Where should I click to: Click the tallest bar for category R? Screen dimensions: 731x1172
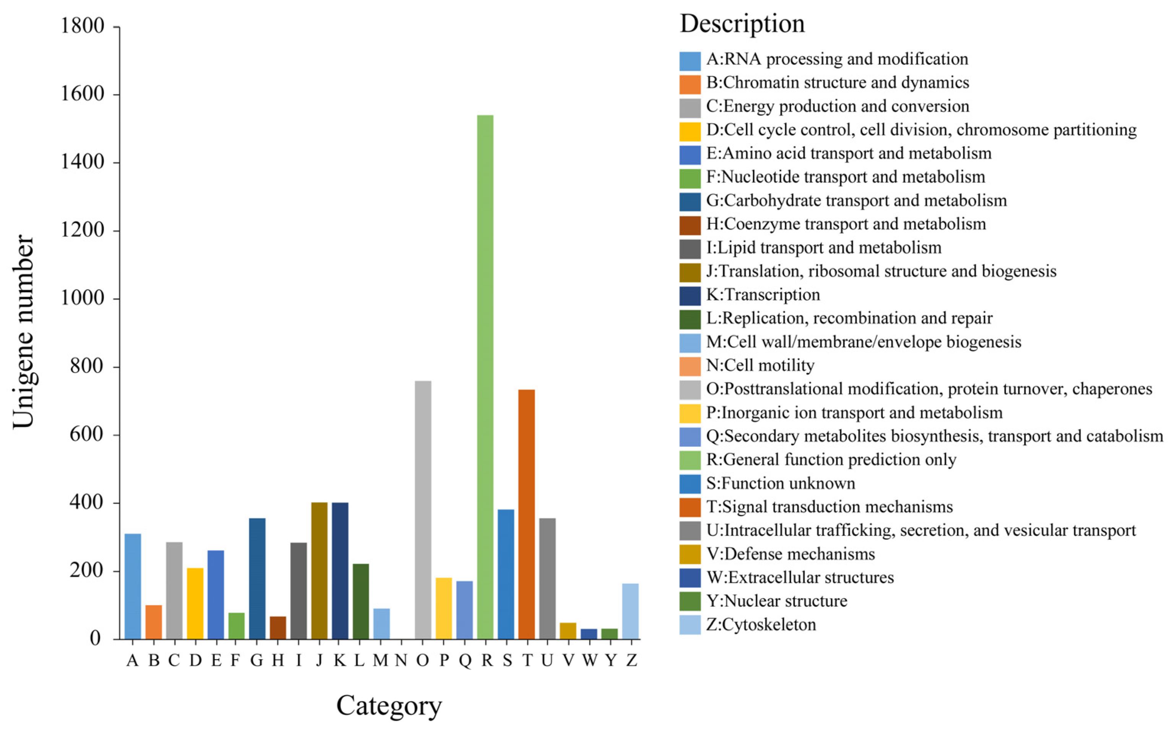click(x=485, y=377)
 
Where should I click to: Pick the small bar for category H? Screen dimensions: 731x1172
click(x=278, y=628)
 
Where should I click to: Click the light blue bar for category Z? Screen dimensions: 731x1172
click(x=630, y=611)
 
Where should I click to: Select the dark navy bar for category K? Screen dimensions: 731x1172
click(x=340, y=570)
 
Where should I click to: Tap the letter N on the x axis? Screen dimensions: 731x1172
click(x=401, y=660)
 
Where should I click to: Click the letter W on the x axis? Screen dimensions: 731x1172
click(x=589, y=660)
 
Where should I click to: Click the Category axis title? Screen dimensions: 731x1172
click(x=389, y=705)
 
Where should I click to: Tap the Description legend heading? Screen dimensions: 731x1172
click(x=742, y=23)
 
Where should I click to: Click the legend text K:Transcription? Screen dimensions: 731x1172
click(x=763, y=295)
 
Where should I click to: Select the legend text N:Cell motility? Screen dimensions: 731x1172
click(x=760, y=365)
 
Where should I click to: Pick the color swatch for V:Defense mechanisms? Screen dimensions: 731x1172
click(x=690, y=554)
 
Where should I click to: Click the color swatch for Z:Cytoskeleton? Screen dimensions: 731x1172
click(x=690, y=625)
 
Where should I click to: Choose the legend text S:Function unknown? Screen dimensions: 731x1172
click(x=780, y=483)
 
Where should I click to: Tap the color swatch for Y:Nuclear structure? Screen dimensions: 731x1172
click(x=690, y=601)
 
